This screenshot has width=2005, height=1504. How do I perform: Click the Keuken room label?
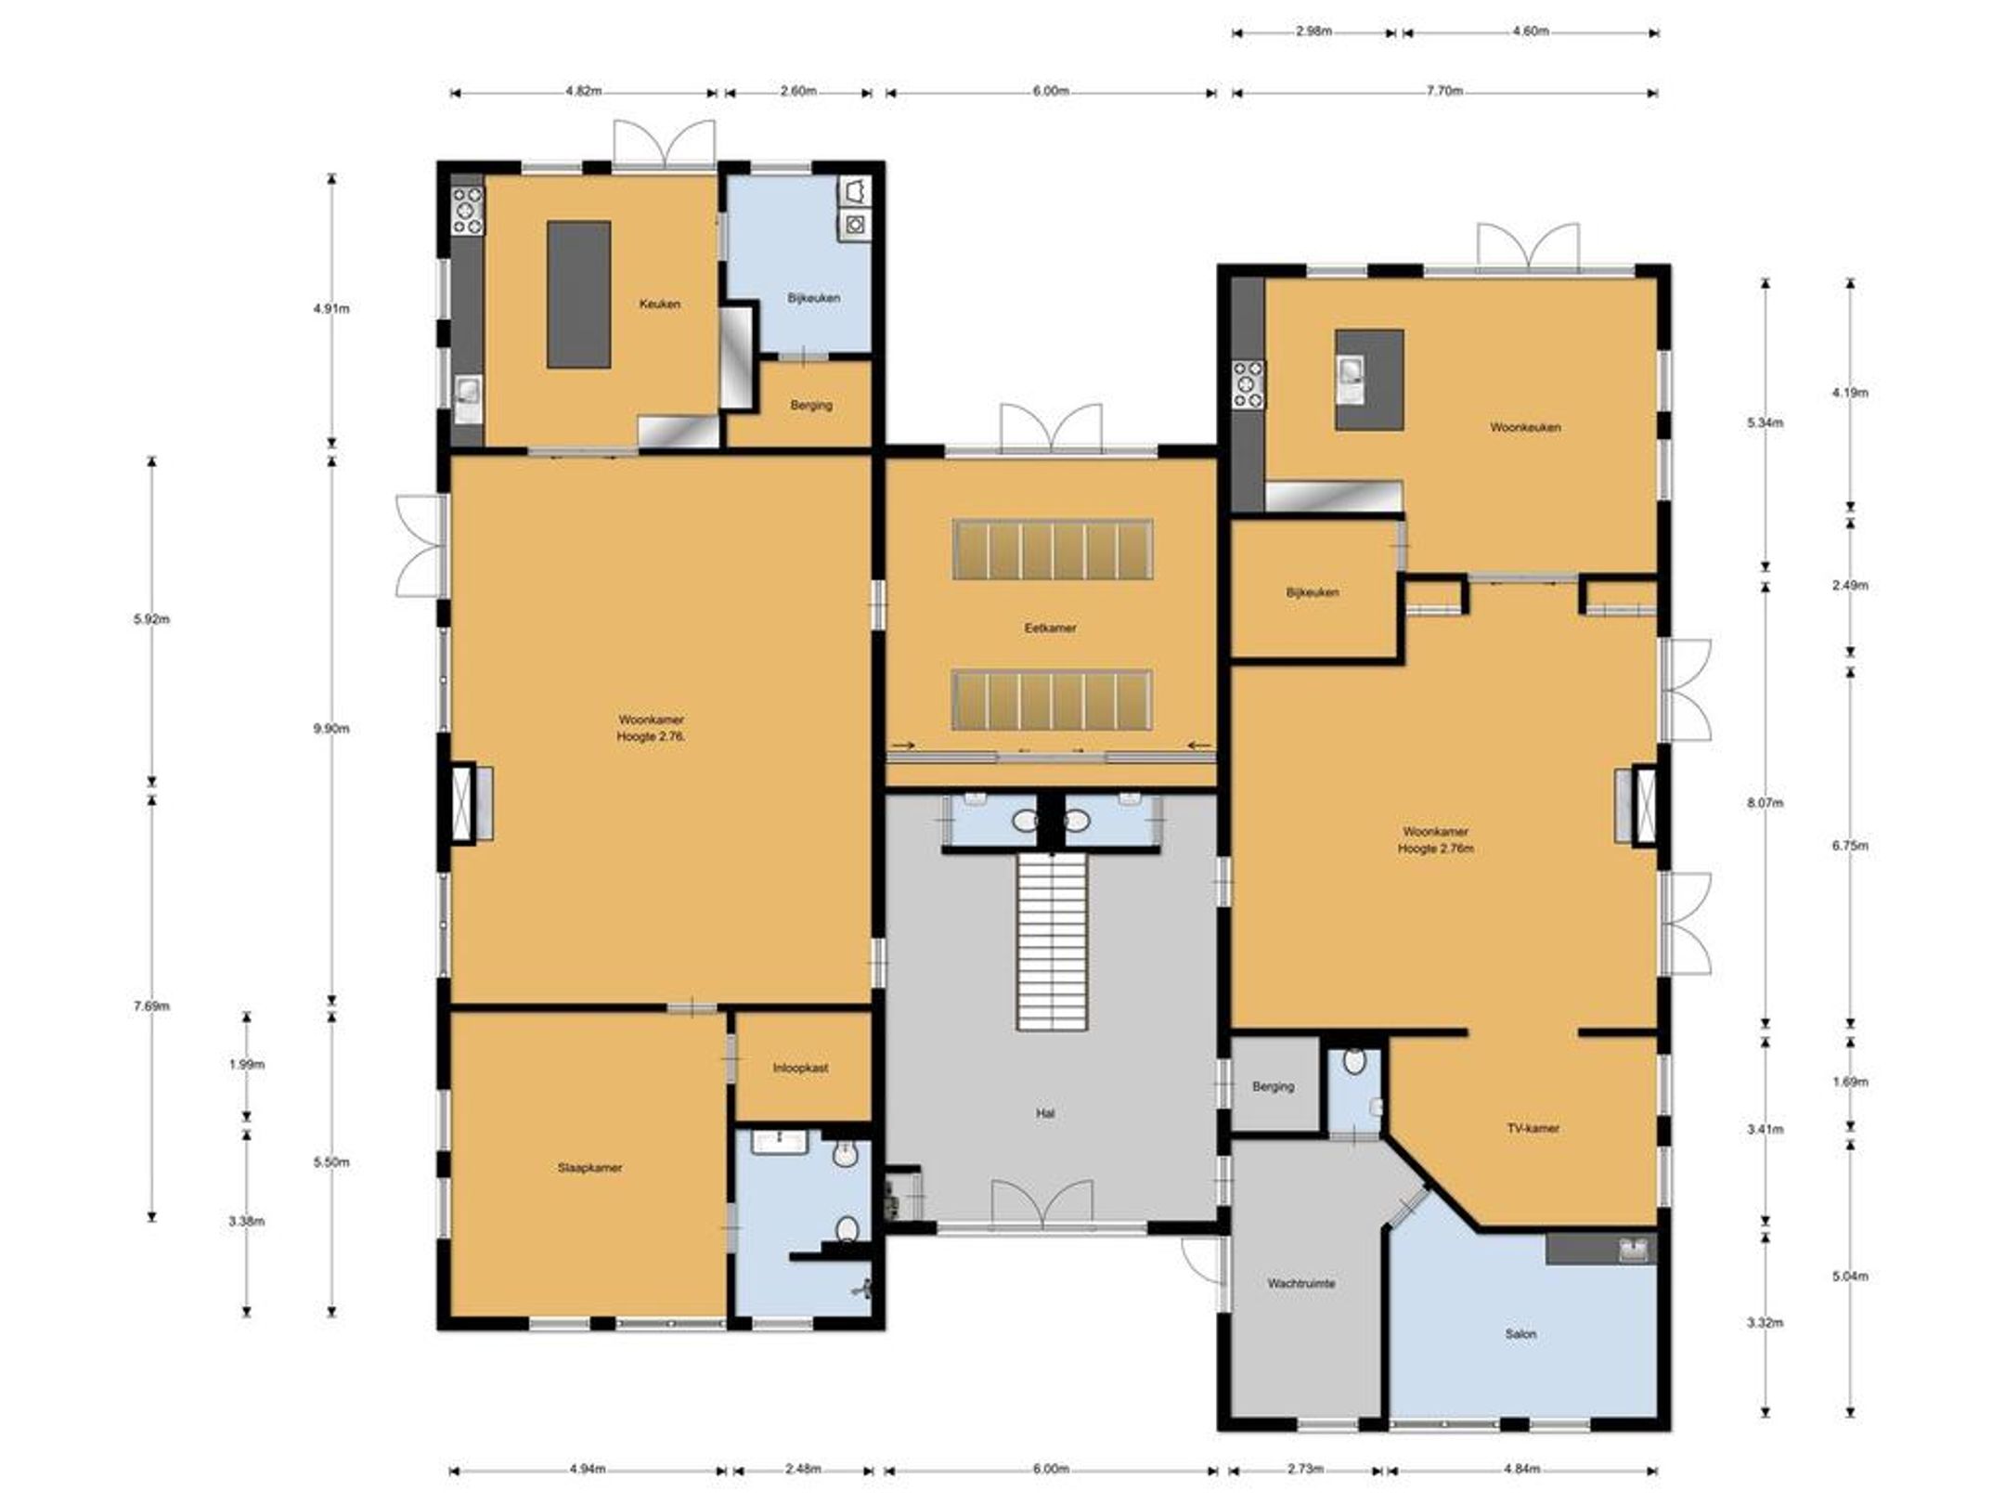pos(659,304)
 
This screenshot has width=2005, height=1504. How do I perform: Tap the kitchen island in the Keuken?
pos(578,294)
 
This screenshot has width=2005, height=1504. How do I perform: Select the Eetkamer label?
pos(1050,628)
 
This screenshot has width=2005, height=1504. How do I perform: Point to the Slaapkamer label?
pos(589,1168)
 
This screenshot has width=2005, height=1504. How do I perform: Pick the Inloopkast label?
pos(800,1068)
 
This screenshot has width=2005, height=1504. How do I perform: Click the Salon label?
pos(1520,1334)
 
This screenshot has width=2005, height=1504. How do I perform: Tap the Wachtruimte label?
pos(1301,1283)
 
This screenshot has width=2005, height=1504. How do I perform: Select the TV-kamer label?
pos(1533,1128)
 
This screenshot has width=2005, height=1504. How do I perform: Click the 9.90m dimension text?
pos(331,729)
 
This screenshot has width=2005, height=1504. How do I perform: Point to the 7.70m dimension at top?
pos(1445,91)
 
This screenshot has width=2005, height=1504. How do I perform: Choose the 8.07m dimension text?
pos(1765,802)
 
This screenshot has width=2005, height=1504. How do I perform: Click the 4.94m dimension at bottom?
pos(587,1469)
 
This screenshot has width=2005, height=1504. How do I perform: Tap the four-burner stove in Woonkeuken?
pos(1248,385)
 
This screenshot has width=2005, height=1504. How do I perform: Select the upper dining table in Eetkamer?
pos(1053,550)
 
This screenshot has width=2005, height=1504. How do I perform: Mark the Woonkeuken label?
pos(1525,427)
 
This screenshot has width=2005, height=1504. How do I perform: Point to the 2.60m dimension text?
pos(798,91)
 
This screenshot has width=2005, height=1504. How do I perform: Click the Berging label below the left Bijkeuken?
pos(811,405)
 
